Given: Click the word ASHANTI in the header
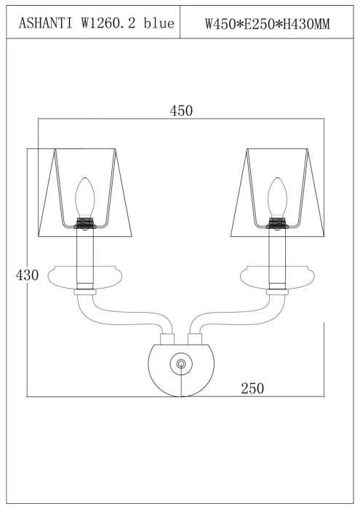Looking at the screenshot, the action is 46,23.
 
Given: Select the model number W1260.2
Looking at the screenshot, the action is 108,23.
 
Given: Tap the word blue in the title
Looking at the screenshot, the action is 159,23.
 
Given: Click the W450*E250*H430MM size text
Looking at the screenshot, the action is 267,24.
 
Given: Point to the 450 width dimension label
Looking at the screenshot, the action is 181,111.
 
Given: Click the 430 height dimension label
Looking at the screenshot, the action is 27,275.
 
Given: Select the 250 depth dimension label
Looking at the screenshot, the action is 252,388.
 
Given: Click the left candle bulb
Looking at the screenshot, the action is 84,197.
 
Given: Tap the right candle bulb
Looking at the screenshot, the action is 277,197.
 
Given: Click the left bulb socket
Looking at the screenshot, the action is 84,223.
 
